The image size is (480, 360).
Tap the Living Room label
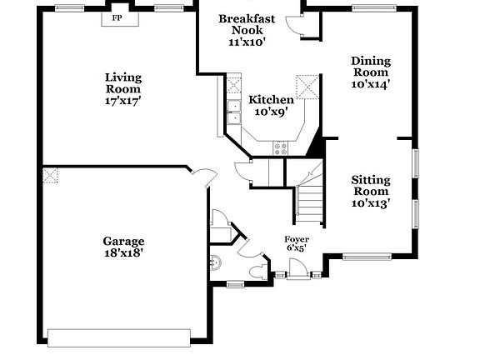[x=122, y=88]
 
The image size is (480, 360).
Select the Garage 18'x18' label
[x=123, y=247]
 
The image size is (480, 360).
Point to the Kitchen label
[x=271, y=105]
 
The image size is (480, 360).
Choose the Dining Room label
[x=371, y=72]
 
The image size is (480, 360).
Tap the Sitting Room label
[x=371, y=191]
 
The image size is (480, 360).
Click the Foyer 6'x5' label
[x=296, y=243]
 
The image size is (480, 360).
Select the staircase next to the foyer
[x=309, y=204]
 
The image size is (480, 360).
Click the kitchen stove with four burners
[x=281, y=147]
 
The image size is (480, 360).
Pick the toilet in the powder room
[x=257, y=271]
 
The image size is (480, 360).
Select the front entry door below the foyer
[x=296, y=270]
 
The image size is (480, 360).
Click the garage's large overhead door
[x=121, y=337]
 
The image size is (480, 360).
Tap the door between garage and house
[x=200, y=177]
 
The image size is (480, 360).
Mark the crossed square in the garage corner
[x=51, y=176]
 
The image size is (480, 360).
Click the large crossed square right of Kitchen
[x=308, y=85]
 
